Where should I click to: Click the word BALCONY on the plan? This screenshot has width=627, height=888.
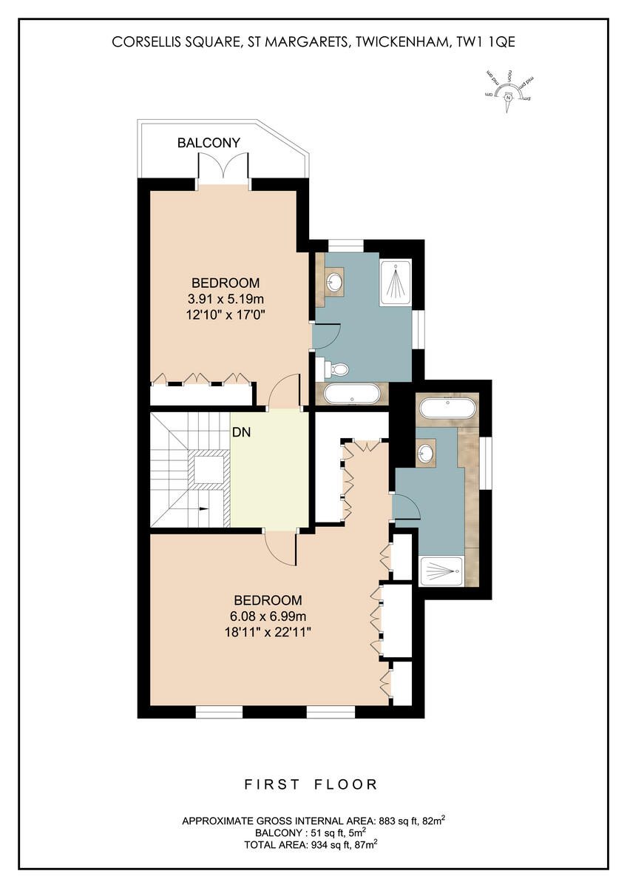209,143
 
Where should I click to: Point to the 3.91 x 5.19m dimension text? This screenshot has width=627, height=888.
226,299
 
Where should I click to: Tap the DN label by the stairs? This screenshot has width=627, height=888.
242,434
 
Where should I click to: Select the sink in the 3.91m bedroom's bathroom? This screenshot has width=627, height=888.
335,281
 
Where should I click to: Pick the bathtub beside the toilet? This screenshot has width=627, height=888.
353,393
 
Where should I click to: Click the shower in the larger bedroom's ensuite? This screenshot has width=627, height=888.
442,570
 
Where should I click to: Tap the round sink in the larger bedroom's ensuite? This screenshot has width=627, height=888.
426,454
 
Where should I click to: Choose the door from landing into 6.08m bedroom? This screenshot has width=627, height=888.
281,548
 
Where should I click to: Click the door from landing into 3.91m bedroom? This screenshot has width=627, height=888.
284,392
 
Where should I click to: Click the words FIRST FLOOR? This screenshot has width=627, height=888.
311,784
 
